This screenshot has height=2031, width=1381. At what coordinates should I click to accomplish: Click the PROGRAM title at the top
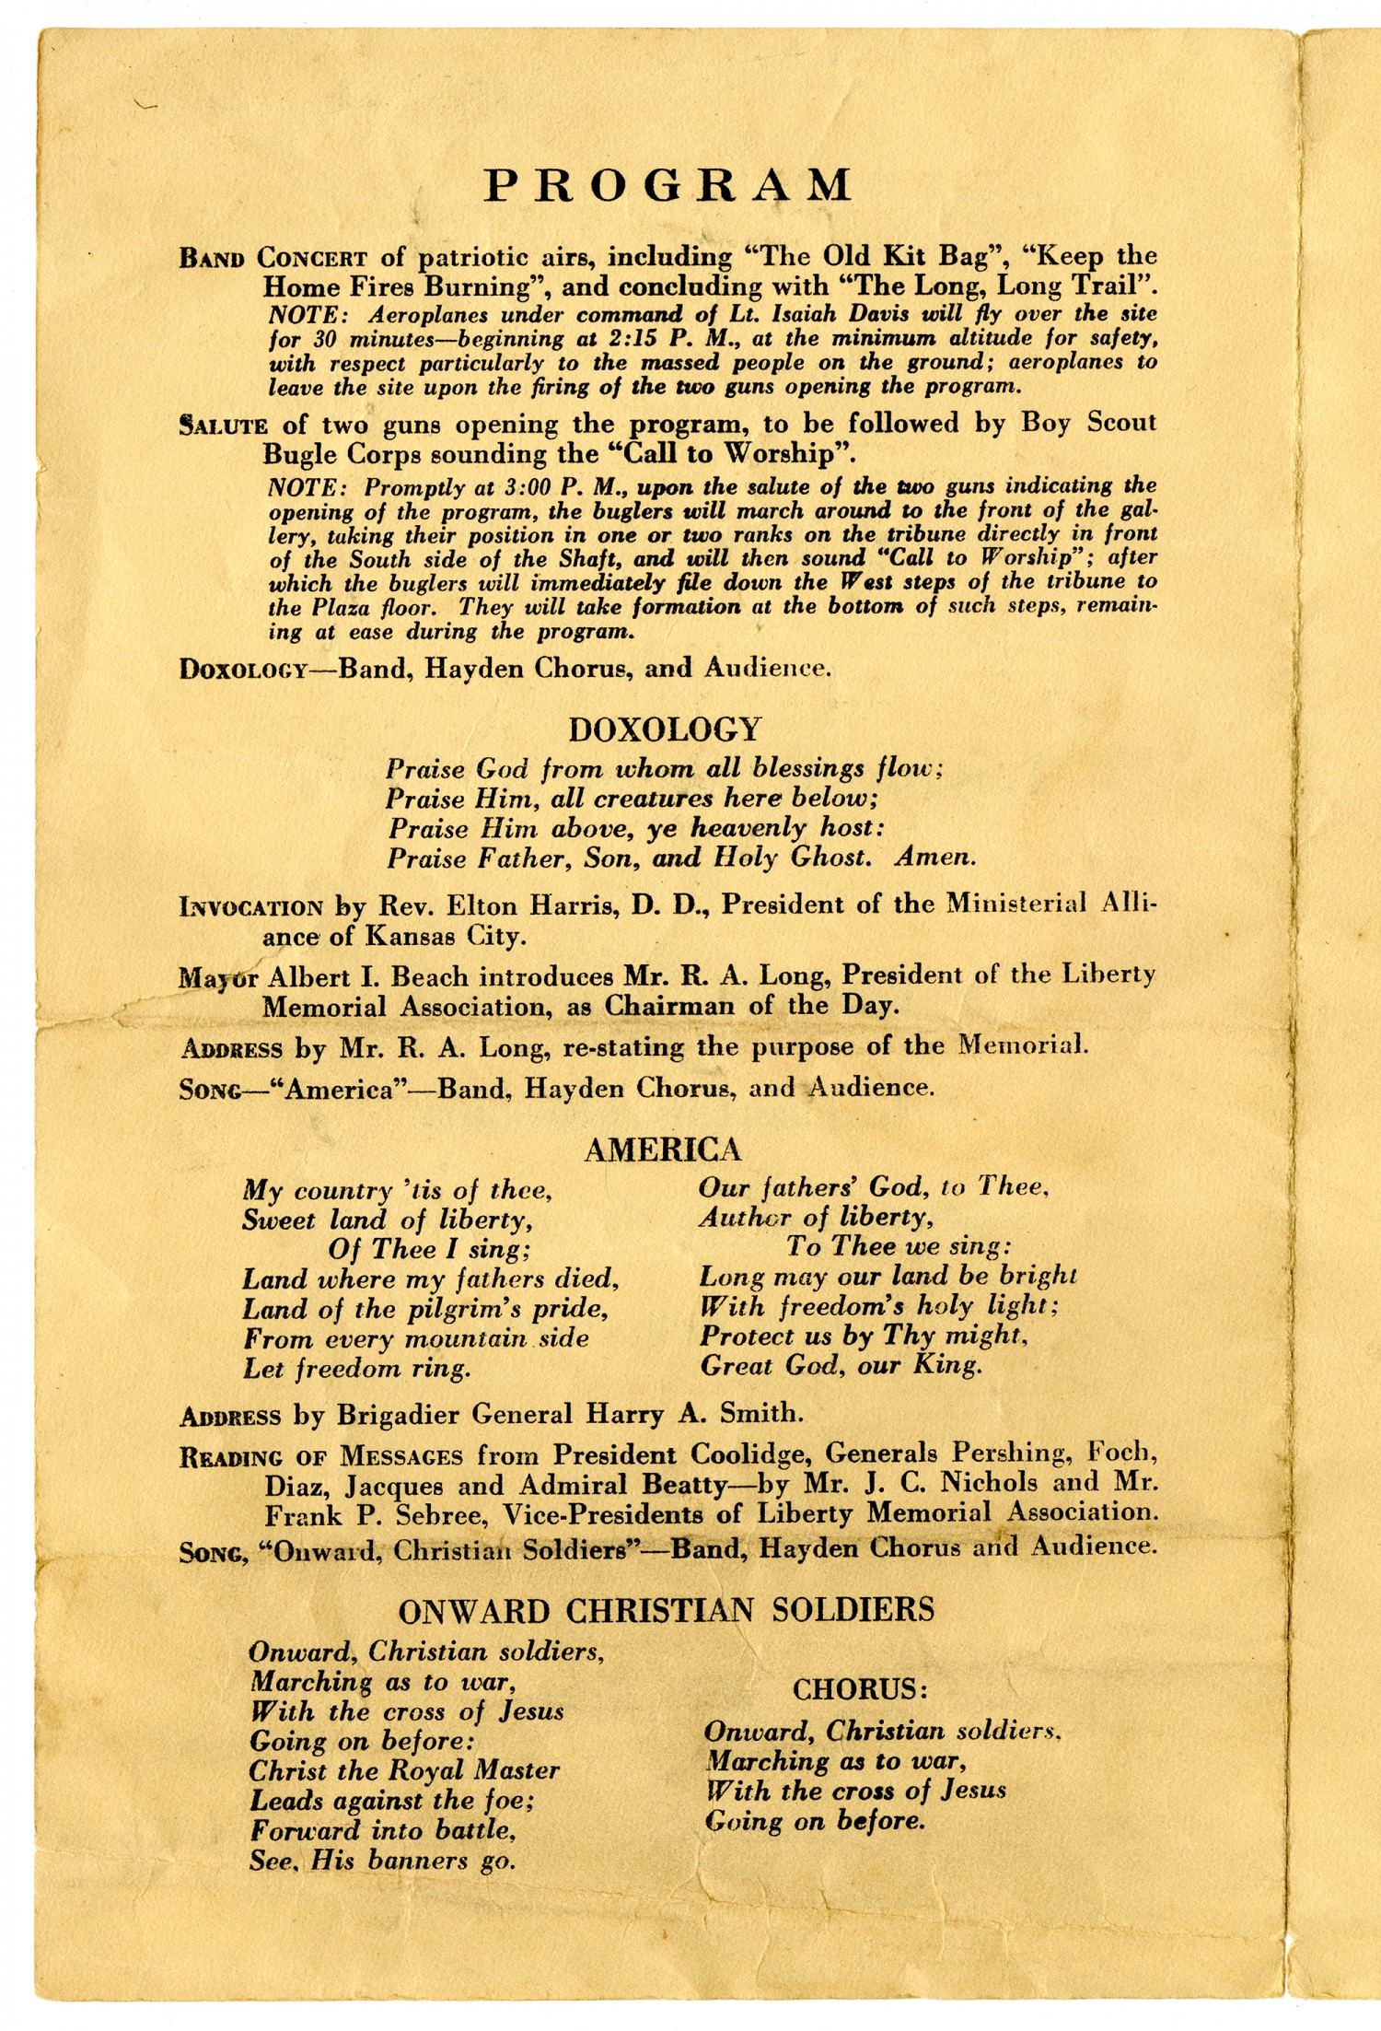point(668,186)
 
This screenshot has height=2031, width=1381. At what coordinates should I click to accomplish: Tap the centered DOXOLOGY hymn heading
point(665,730)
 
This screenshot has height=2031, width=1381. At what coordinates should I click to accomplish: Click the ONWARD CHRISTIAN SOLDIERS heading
point(666,1609)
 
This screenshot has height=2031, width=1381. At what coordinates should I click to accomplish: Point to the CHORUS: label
point(860,1689)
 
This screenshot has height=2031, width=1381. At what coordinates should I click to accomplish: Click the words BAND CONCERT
point(273,258)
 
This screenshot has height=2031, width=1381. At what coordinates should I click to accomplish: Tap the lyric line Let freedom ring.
point(357,1369)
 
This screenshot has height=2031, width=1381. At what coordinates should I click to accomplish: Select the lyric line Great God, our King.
point(841,1365)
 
